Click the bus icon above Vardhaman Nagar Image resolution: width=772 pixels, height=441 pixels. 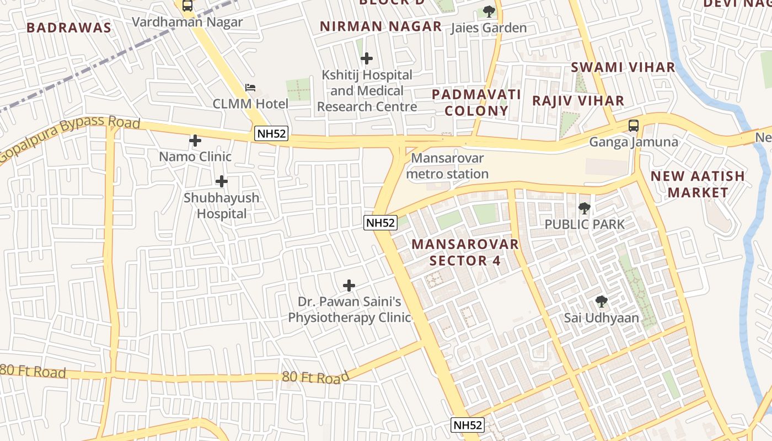coord(187,6)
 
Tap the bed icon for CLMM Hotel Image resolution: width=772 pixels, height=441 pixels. coord(250,88)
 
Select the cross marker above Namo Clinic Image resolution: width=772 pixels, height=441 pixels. coord(195,141)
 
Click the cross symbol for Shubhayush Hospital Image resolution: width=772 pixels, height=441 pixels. coord(222,181)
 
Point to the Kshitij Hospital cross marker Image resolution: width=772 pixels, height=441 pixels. coord(366,58)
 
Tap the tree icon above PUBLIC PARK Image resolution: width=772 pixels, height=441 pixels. coord(584,208)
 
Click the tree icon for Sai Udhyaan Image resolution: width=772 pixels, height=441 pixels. coord(602,302)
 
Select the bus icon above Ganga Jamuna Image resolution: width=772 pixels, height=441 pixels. coord(634,125)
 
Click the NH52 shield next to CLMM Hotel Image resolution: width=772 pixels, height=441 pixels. coord(272,133)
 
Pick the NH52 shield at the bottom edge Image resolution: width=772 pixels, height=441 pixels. coord(467,425)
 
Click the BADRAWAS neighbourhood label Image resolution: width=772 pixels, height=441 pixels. coord(69,28)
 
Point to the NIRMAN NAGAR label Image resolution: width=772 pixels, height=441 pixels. coord(380,26)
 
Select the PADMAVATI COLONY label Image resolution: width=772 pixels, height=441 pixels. coord(476,102)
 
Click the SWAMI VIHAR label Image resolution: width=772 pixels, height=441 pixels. coord(623,67)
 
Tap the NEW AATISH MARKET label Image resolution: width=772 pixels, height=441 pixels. coord(698,184)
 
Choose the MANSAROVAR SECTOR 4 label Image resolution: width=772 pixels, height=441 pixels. coord(465,252)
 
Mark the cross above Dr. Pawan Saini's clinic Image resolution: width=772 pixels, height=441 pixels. coord(349,286)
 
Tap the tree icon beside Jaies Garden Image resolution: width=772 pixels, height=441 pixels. coord(489,11)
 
